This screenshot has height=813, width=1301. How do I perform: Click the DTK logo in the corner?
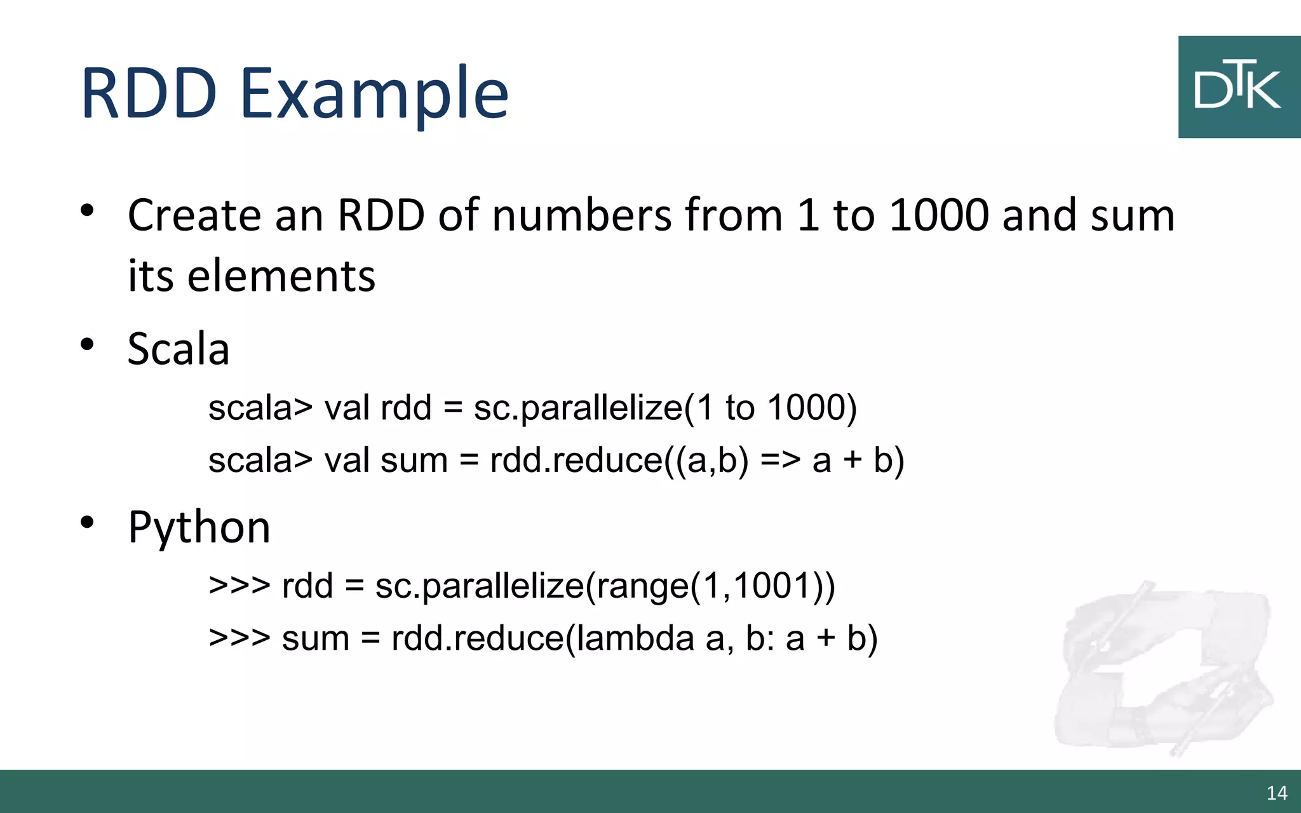(x=1239, y=87)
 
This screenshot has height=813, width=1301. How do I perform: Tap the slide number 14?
(x=1276, y=793)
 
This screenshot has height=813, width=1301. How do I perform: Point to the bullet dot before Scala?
(x=88, y=345)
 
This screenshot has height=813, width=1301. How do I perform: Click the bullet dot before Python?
(x=88, y=523)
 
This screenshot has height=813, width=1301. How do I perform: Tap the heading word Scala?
(x=179, y=349)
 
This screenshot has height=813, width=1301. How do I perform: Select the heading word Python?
(x=199, y=528)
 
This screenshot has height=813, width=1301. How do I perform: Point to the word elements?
(x=281, y=276)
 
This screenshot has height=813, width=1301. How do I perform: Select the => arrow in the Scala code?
(x=780, y=459)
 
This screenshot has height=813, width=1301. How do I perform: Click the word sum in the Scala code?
(x=414, y=459)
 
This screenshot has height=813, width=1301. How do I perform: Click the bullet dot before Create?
(x=88, y=210)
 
